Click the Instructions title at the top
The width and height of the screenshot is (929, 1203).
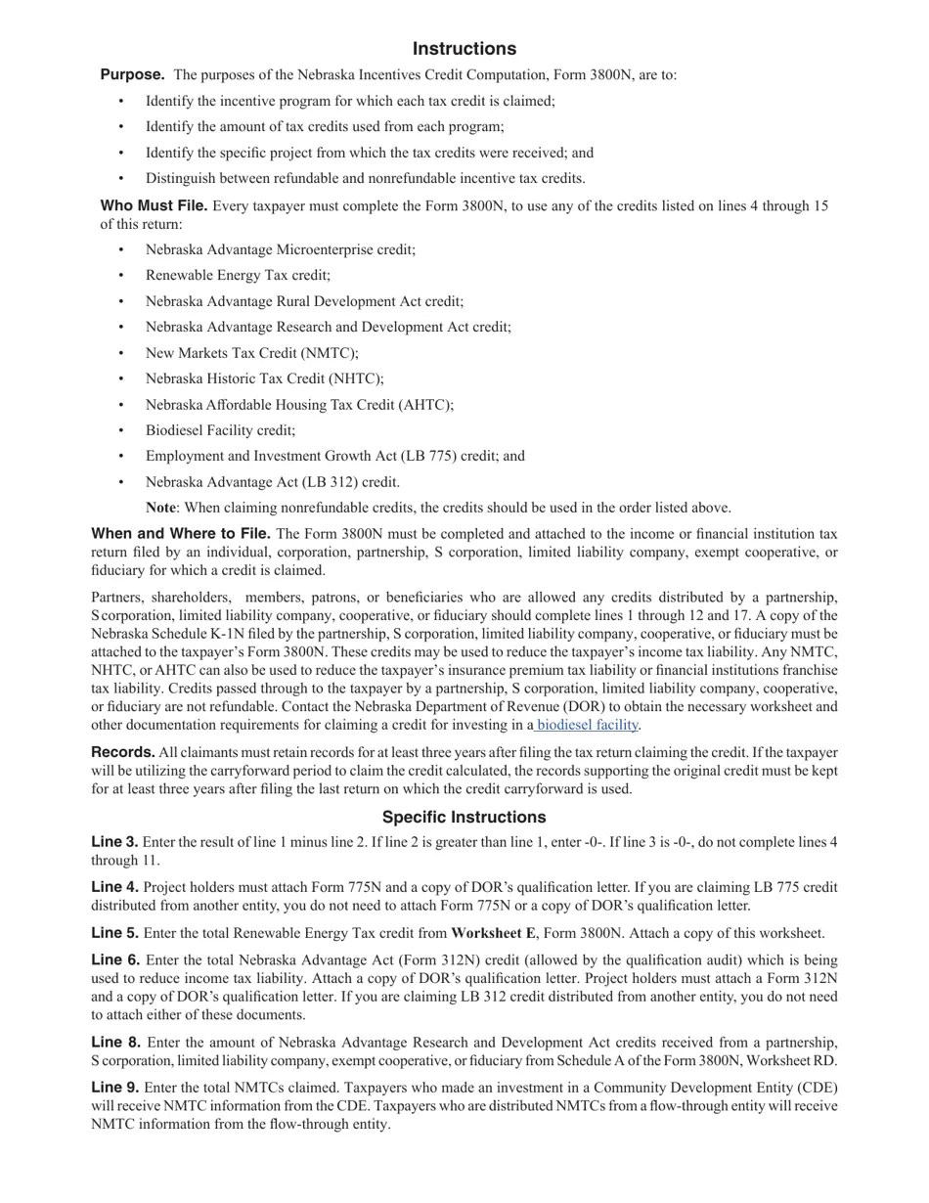click(464, 49)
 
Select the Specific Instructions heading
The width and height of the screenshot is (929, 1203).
click(464, 817)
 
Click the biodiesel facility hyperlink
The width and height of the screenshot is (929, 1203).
click(587, 725)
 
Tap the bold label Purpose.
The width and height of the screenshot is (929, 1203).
click(132, 74)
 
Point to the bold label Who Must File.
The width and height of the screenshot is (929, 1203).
click(154, 205)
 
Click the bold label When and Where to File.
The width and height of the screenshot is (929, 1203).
click(181, 534)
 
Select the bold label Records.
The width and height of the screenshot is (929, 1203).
click(123, 752)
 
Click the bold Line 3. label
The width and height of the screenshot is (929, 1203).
click(114, 842)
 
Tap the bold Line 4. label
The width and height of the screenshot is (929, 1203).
click(114, 887)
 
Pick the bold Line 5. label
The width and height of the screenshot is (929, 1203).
click(114, 933)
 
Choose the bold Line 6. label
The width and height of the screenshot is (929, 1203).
click(114, 960)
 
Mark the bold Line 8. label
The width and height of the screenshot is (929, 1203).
click(114, 1042)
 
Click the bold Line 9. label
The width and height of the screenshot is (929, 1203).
click(114, 1088)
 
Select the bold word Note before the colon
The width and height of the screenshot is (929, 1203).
click(160, 508)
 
